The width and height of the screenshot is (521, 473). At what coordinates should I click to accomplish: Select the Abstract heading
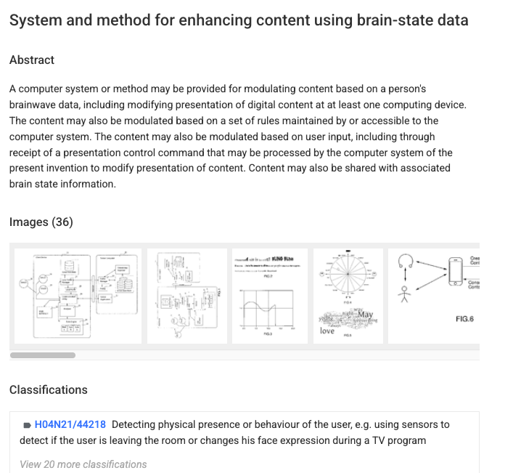click(x=32, y=60)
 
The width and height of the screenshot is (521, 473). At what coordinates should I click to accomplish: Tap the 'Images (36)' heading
click(x=41, y=222)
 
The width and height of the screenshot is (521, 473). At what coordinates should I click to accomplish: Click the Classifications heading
click(x=49, y=390)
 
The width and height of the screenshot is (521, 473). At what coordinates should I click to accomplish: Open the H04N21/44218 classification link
click(x=70, y=424)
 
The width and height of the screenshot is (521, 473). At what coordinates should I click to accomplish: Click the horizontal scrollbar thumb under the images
click(x=43, y=355)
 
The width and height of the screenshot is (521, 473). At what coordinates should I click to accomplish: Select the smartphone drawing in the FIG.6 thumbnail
click(x=455, y=272)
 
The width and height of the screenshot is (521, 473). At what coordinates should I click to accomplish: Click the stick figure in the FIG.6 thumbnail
click(x=408, y=294)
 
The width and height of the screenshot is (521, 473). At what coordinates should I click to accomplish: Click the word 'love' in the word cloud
click(x=327, y=331)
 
